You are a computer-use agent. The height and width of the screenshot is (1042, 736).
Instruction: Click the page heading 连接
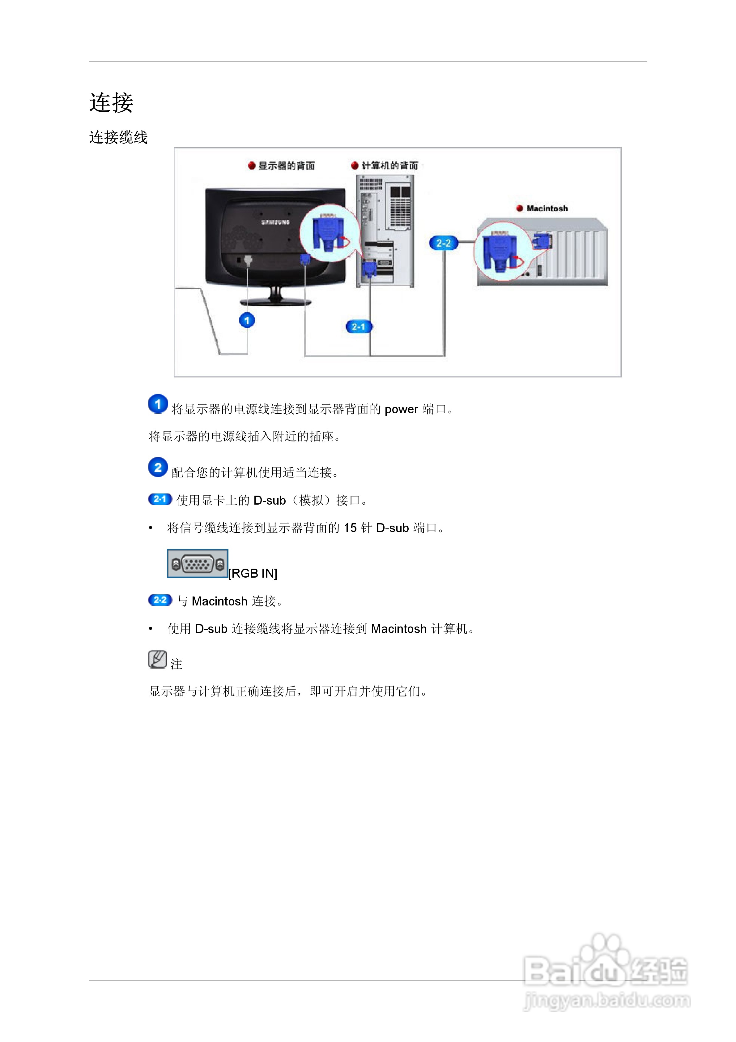(111, 103)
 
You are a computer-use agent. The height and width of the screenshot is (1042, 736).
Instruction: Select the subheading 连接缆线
(118, 137)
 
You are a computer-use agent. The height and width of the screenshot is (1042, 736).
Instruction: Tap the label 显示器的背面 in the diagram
(286, 166)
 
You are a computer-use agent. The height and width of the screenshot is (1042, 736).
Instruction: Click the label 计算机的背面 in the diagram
(389, 165)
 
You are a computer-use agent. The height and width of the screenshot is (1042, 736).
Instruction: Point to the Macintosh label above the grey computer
(547, 208)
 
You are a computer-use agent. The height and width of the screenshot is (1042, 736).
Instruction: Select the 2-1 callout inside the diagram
(358, 326)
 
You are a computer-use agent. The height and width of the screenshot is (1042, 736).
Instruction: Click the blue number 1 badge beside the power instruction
(158, 404)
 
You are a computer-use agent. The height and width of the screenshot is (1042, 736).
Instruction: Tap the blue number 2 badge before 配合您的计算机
(158, 467)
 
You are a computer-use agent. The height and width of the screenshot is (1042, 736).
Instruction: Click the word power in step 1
(401, 409)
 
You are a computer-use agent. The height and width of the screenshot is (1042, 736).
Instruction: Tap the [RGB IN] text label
(253, 574)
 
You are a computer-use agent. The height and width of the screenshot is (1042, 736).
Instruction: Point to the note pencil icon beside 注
(157, 659)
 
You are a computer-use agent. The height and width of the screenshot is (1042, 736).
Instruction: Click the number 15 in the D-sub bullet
(350, 528)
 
